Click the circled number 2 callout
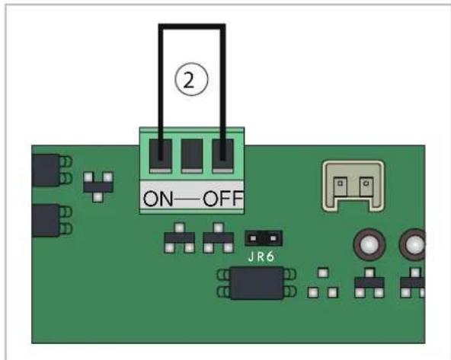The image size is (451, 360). click(191, 79)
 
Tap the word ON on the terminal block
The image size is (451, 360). click(158, 198)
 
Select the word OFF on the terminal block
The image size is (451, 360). click(223, 198)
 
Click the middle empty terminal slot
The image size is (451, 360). click(191, 156)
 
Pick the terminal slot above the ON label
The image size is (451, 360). click(161, 156)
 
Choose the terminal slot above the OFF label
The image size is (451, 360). click(223, 156)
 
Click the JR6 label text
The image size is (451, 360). click(261, 256)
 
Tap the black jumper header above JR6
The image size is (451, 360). click(263, 238)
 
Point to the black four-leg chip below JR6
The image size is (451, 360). click(257, 283)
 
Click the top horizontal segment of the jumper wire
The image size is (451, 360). click(192, 27)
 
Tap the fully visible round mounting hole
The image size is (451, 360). click(369, 244)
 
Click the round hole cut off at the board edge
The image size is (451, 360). click(413, 244)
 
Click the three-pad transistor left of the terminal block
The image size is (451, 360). click(98, 186)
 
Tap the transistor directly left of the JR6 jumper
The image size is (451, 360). click(219, 238)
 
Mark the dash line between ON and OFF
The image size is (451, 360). click(188, 199)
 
